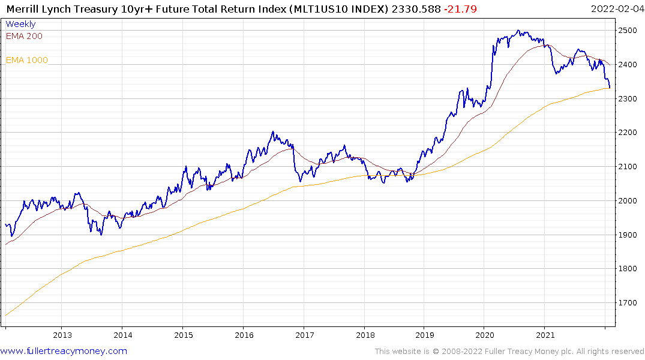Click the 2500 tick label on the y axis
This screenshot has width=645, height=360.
coord(628,30)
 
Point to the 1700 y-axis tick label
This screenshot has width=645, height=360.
coord(628,303)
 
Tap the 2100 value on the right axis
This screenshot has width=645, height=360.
coord(628,167)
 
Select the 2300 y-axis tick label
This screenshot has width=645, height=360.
coord(628,98)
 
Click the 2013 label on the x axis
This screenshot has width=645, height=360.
coord(62,335)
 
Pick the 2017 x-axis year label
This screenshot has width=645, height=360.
coord(304,335)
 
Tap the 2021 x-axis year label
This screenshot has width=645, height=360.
coord(545,335)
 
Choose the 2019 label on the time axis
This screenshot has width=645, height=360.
coord(424,335)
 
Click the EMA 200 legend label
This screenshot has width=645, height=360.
coord(24,36)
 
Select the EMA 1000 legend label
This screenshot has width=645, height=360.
coord(27,60)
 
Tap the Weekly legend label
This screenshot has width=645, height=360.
coord(20,24)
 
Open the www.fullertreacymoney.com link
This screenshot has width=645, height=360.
coord(64,351)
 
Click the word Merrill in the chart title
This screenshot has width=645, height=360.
coord(25,8)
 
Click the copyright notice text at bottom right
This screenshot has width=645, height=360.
coord(509,352)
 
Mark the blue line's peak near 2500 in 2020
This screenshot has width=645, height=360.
coord(518,31)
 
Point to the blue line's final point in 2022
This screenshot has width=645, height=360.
coord(610,88)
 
